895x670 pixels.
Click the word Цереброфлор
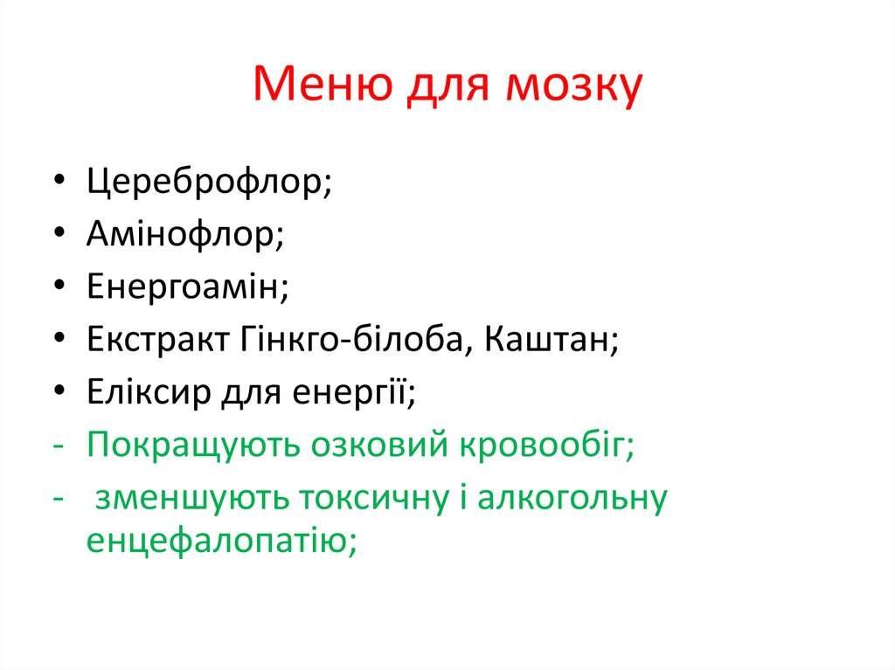click(x=209, y=185)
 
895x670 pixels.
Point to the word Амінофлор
click(x=185, y=235)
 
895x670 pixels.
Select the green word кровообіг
click(x=549, y=445)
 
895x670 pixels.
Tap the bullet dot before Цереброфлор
click(x=58, y=184)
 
